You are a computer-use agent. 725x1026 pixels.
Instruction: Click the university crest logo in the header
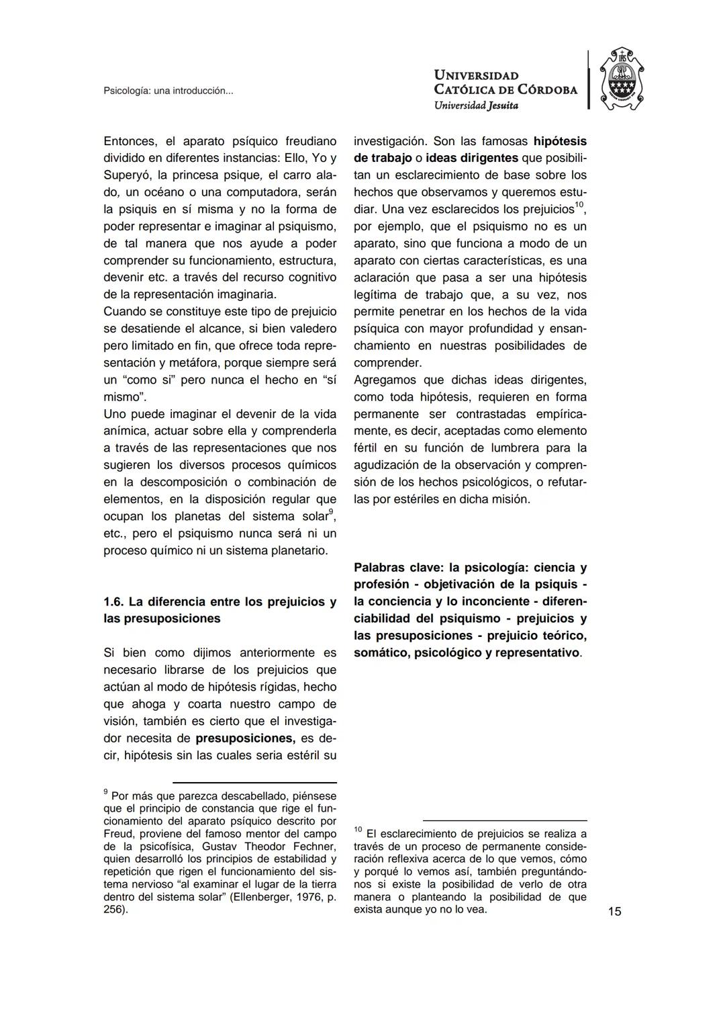(x=621, y=79)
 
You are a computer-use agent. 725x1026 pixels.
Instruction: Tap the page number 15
(x=614, y=911)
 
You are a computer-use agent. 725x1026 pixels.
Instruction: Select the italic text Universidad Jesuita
(x=476, y=105)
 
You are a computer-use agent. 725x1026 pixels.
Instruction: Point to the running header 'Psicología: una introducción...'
(x=168, y=91)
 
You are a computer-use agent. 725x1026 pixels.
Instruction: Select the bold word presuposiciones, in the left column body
(x=245, y=738)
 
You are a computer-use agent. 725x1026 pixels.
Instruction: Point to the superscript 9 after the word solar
(x=331, y=513)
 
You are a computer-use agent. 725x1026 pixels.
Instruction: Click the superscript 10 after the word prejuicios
(x=579, y=205)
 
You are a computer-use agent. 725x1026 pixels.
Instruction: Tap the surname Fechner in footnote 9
(x=315, y=846)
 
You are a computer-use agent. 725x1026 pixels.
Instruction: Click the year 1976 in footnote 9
(x=303, y=897)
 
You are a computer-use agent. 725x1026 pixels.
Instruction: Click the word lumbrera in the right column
(x=530, y=448)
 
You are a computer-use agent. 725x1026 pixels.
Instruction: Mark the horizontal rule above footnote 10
(x=504, y=820)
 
